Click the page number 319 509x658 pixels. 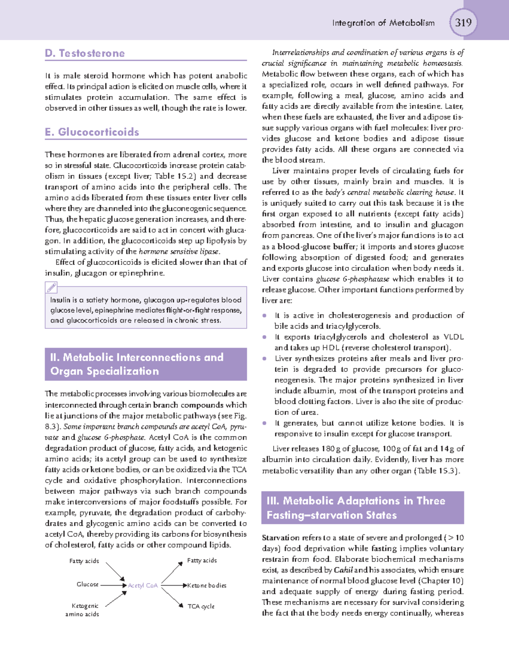point(463,22)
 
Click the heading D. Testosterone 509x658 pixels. point(85,53)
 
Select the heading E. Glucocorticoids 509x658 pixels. point(92,132)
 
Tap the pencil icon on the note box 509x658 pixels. point(52,288)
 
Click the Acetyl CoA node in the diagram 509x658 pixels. point(143,586)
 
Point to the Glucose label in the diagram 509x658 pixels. point(87,584)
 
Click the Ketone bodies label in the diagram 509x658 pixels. point(207,586)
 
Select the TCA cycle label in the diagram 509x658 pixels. point(201,606)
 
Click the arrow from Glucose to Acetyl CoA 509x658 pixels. point(113,586)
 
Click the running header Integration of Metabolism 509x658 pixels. point(383,23)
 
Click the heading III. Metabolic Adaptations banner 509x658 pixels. point(362,508)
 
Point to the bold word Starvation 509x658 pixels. point(280,538)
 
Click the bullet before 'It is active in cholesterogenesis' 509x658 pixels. point(265,316)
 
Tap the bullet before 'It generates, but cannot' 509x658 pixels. point(265,423)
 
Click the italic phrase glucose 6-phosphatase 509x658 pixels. point(352,279)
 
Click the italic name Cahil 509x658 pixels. point(343,570)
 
